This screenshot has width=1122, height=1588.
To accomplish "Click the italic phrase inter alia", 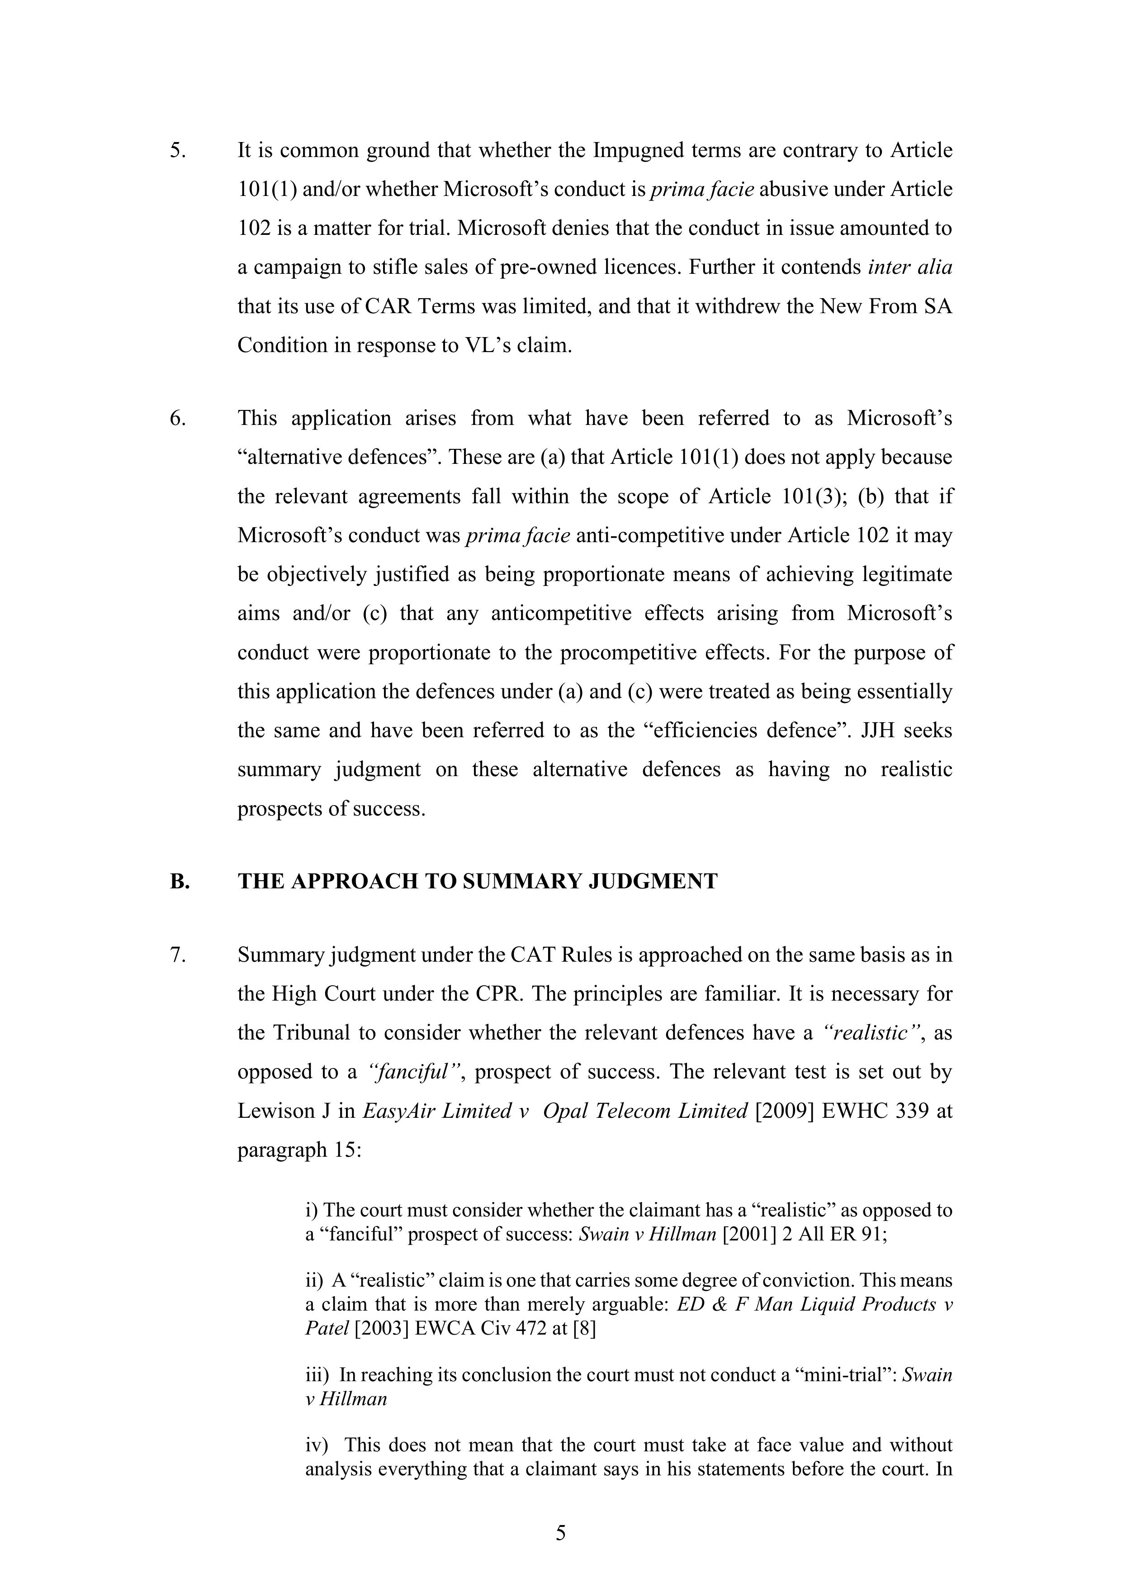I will (x=910, y=267).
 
